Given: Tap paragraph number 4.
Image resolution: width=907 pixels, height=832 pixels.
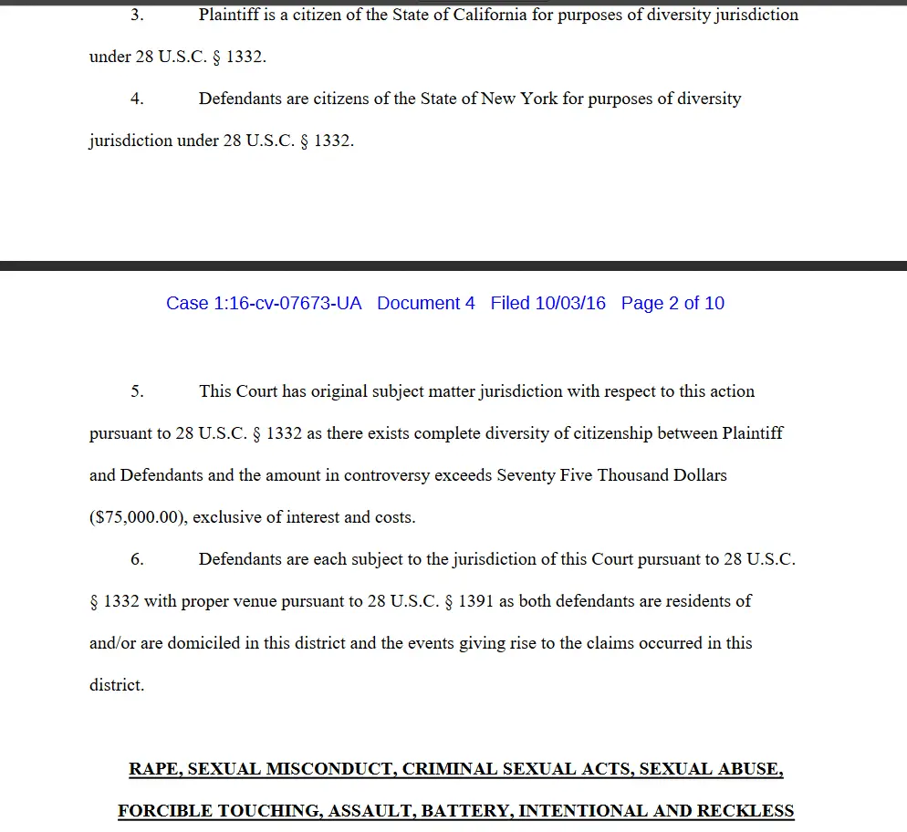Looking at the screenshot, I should click(x=137, y=99).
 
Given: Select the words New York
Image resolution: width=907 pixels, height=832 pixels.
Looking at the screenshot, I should click(x=519, y=99).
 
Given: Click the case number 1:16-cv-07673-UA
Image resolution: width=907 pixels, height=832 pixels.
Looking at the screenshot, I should click(x=264, y=303).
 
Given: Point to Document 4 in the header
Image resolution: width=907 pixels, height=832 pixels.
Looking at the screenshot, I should click(x=426, y=303).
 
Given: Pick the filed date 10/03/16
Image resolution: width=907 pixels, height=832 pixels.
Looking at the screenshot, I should click(x=570, y=303).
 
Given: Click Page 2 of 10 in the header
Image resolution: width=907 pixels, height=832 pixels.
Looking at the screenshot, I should click(x=672, y=303).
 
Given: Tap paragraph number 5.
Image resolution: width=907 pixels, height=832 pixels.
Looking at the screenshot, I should click(x=137, y=391).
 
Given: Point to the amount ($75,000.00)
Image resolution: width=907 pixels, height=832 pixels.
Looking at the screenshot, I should click(x=137, y=517).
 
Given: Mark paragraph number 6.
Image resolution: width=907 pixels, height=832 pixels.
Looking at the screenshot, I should click(x=137, y=559).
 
